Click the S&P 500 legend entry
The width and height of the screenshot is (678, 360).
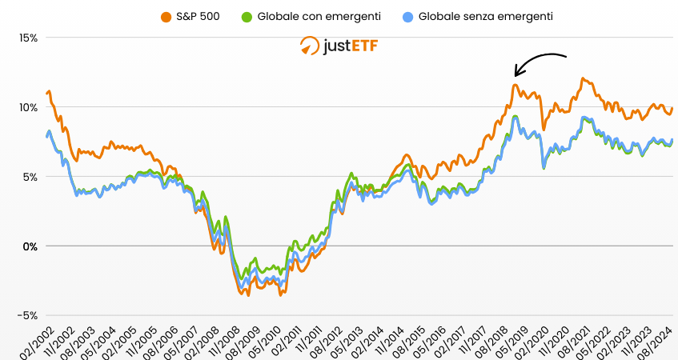(198, 16)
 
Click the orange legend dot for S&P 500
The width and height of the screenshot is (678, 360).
(166, 16)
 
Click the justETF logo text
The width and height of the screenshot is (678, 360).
(350, 46)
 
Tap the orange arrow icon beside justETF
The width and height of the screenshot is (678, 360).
(309, 46)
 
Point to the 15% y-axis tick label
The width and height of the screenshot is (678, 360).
(29, 38)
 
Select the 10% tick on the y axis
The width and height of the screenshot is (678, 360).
(29, 107)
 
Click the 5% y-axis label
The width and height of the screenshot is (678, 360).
(31, 177)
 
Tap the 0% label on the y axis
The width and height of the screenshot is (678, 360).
(31, 246)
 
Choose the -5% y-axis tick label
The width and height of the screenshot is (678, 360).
(29, 315)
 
